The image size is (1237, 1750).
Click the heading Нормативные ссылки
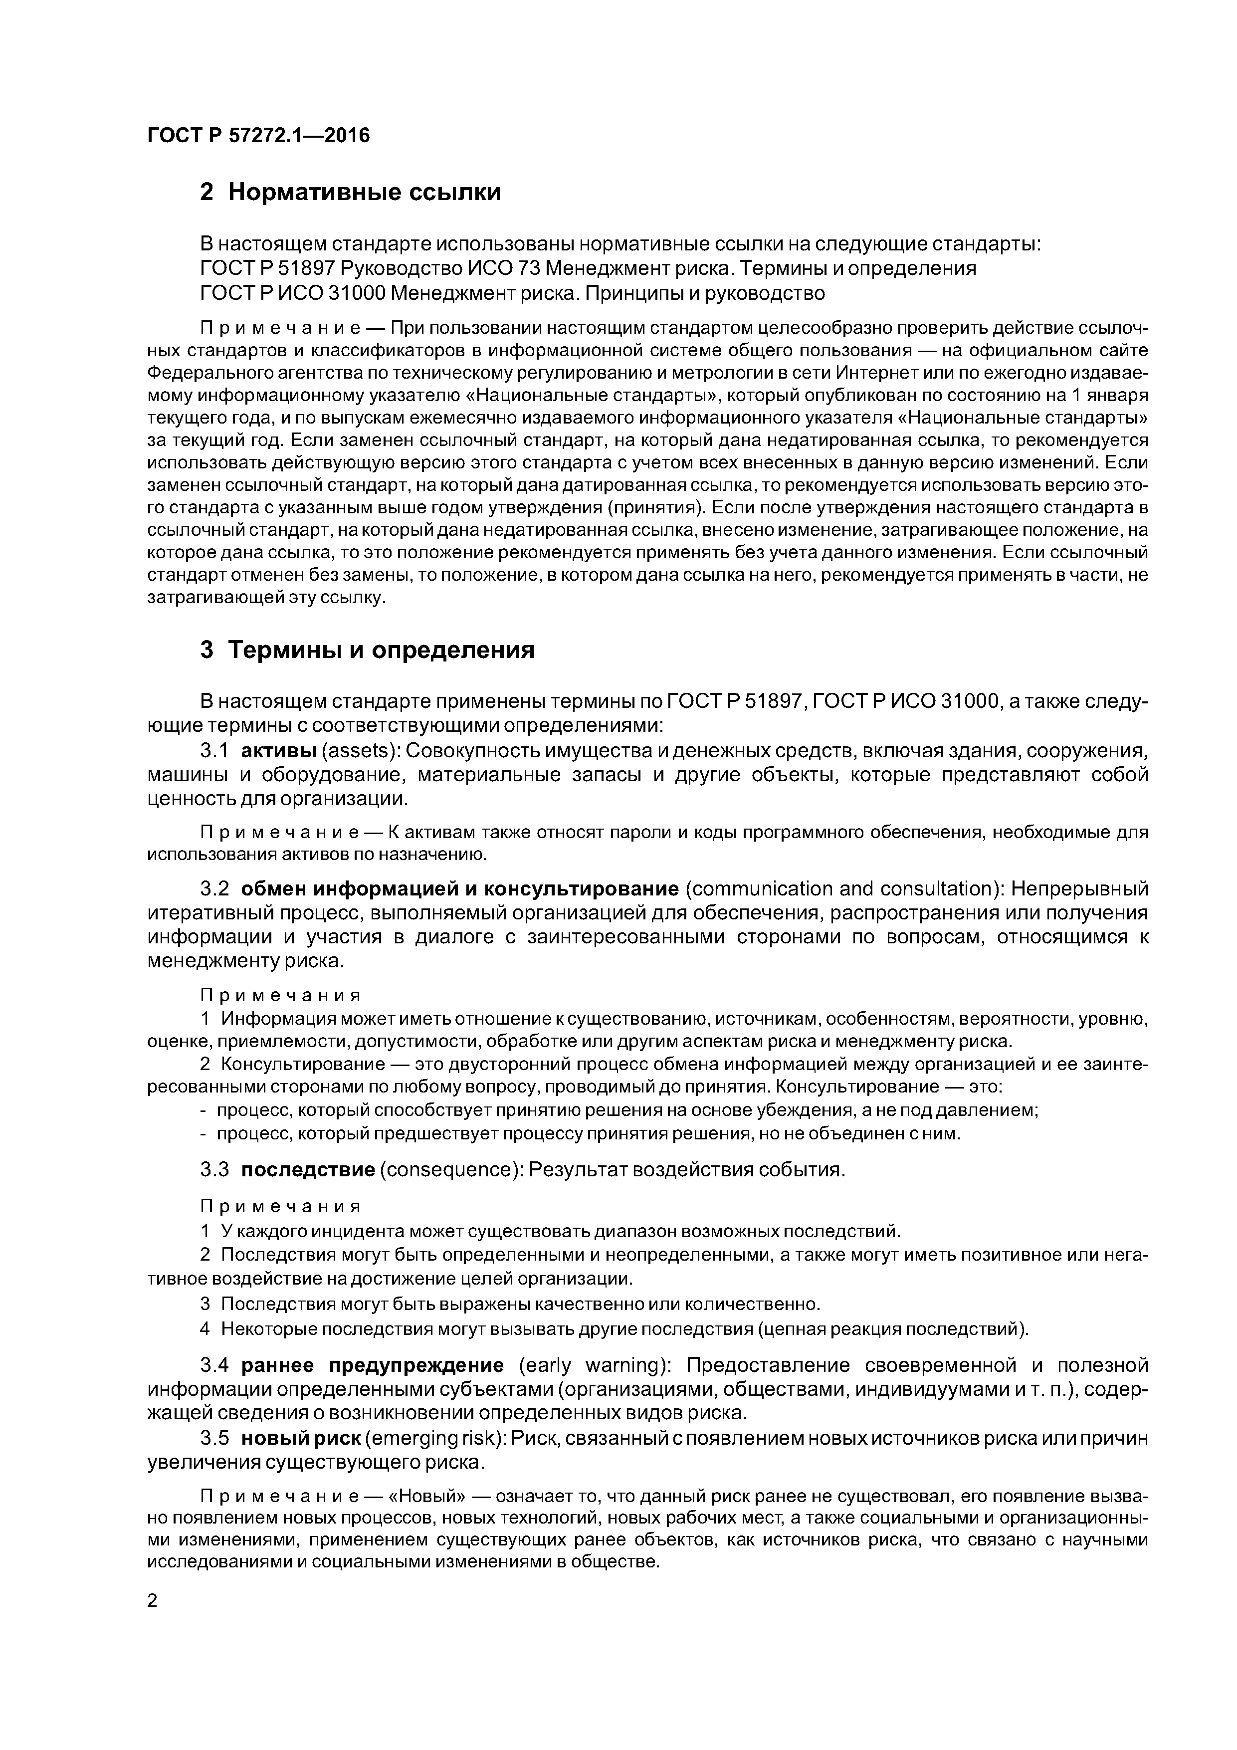(x=364, y=192)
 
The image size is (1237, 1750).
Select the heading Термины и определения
(x=381, y=650)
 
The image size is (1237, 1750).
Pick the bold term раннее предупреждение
(x=373, y=1364)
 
